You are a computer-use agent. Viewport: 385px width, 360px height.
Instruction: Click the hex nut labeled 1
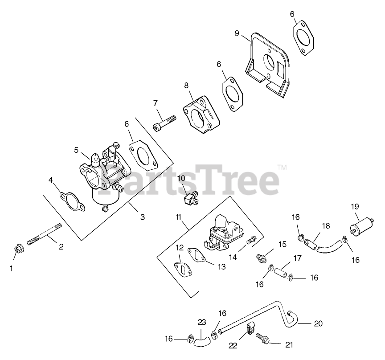click(x=19, y=248)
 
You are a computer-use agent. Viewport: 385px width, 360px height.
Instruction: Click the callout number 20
click(x=318, y=323)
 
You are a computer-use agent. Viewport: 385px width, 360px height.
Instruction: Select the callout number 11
click(x=178, y=217)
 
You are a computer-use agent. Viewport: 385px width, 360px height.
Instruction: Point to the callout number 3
click(x=142, y=217)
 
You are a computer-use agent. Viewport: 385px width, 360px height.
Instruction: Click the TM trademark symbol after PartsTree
click(x=282, y=168)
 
